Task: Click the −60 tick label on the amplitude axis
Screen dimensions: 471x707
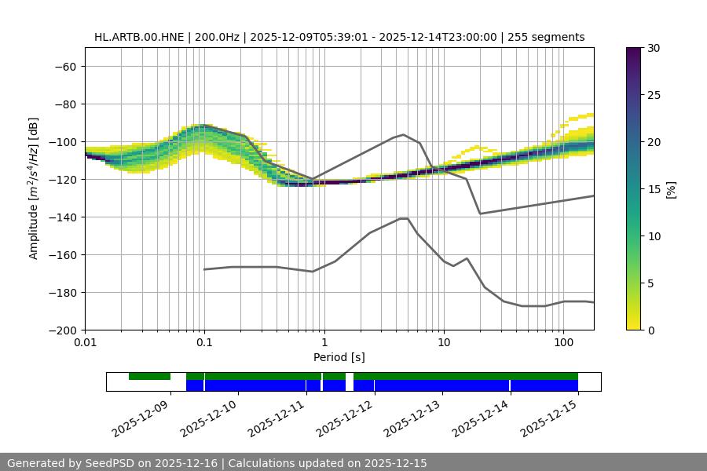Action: click(x=64, y=67)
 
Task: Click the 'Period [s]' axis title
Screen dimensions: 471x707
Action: click(x=339, y=357)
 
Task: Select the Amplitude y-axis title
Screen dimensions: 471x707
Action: click(x=34, y=188)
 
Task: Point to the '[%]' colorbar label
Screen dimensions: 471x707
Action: click(x=671, y=189)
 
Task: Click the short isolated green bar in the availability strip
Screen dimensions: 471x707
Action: click(x=149, y=377)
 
